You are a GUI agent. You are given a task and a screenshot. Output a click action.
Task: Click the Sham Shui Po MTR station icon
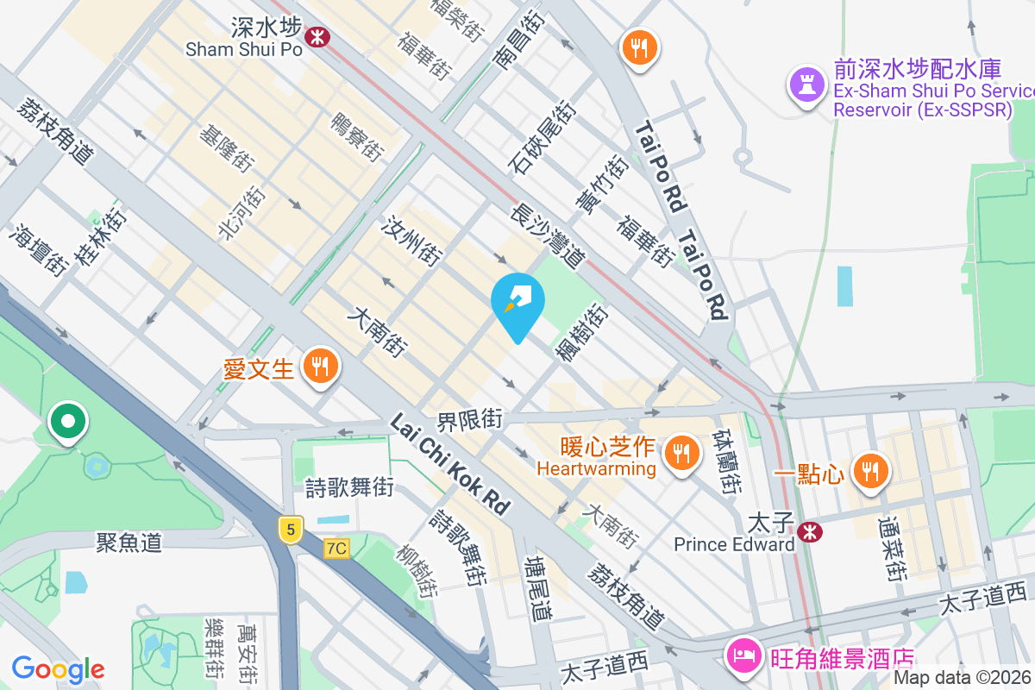click(317, 36)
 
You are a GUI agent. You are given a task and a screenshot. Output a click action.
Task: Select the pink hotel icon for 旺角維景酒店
click(742, 658)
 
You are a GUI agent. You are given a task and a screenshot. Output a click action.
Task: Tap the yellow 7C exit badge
click(337, 548)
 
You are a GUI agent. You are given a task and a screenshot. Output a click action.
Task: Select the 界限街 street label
click(469, 421)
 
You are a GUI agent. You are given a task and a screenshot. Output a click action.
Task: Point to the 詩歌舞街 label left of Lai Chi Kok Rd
click(350, 488)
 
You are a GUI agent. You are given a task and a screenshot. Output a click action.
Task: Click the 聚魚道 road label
click(129, 543)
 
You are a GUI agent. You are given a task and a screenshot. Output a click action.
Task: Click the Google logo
click(58, 668)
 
